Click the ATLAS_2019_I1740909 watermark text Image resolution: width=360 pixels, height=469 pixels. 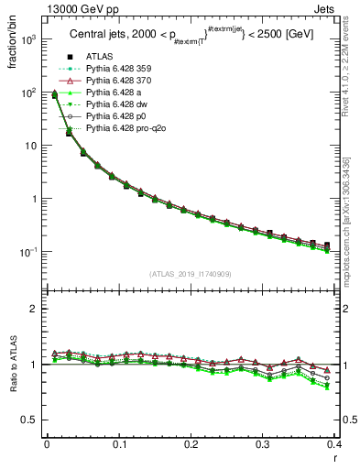190,274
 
